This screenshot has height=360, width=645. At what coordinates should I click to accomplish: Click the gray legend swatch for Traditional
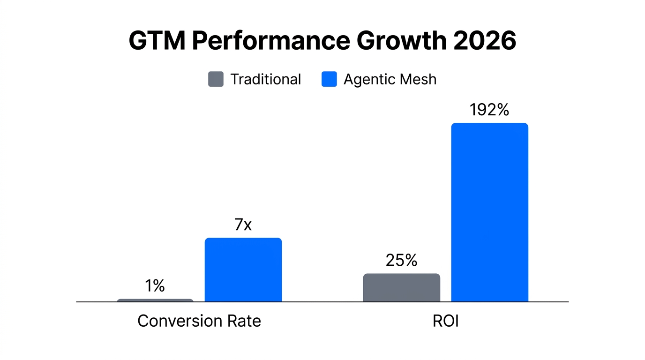[216, 79]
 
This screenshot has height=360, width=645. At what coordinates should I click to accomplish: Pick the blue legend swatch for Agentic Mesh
[329, 79]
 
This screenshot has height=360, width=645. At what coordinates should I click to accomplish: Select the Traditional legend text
[265, 79]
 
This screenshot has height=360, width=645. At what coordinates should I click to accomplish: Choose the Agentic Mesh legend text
[390, 79]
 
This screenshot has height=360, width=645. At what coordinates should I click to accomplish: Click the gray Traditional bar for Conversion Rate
[155, 300]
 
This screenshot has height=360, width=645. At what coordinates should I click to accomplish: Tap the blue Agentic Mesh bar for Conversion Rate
[243, 270]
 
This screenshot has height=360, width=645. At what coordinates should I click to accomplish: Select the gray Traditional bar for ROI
[401, 288]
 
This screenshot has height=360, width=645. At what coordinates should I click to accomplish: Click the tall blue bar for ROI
[489, 212]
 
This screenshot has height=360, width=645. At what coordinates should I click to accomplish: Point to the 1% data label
[155, 285]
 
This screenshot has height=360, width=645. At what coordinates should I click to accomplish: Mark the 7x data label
[243, 225]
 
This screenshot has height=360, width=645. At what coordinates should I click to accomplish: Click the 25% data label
[401, 260]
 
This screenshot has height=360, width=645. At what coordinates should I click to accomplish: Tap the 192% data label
[489, 110]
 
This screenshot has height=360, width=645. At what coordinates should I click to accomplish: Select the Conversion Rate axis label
[199, 321]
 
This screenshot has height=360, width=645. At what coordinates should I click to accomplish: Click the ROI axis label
[445, 321]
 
